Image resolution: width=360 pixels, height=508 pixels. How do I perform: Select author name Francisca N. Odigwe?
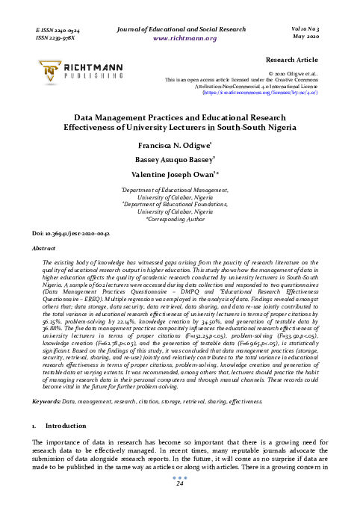(179, 145)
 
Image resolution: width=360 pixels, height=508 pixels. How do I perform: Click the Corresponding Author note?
(180, 218)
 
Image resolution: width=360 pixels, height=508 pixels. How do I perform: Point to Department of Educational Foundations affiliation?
(179, 205)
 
